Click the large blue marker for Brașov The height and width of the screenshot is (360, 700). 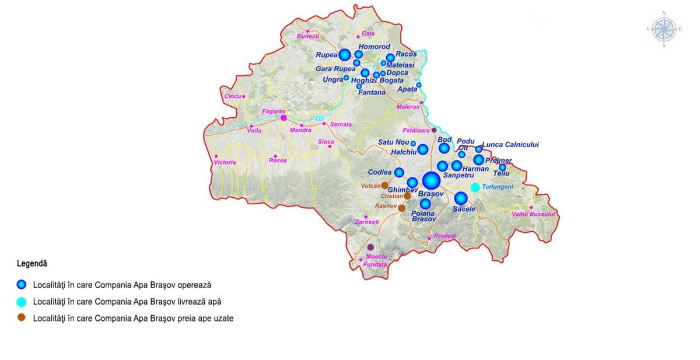[x=432, y=181]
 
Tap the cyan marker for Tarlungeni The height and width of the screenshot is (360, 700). [x=475, y=187]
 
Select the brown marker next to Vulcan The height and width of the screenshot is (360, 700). [x=385, y=186]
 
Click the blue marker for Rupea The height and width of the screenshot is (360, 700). [x=345, y=55]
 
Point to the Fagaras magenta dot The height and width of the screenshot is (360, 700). [x=283, y=118]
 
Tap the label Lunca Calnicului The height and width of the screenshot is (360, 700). [x=511, y=145]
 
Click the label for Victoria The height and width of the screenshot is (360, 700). [x=225, y=162]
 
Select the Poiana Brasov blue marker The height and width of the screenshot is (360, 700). [x=425, y=204]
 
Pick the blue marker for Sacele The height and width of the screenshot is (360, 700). [x=461, y=198]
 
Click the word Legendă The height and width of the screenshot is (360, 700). [x=32, y=264]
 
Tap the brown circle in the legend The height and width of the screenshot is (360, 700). [x=22, y=319]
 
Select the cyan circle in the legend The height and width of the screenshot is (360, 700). [x=22, y=302]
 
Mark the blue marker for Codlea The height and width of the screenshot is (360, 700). [x=399, y=172]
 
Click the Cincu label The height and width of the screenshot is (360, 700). [x=232, y=96]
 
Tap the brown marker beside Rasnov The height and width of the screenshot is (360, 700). [x=402, y=208]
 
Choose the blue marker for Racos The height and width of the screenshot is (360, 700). [x=390, y=58]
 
